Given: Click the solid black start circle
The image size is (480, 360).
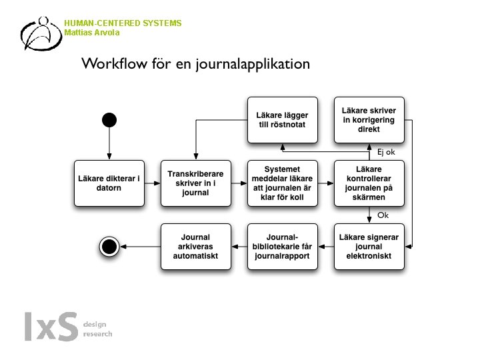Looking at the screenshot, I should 109,120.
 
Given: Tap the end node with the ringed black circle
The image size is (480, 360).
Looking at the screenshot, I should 109,247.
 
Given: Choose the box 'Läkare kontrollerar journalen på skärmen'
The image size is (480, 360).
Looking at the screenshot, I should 369,183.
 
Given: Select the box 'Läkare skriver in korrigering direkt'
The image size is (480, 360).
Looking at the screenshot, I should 369,120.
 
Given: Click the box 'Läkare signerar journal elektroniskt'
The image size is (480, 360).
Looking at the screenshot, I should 369,247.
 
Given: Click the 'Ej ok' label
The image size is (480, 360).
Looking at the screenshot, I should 386,152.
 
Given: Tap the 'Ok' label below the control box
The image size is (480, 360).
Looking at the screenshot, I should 383,215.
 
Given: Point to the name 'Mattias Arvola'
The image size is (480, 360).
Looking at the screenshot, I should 92,33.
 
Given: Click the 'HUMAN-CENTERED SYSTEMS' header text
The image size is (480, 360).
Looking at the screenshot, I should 123,23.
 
